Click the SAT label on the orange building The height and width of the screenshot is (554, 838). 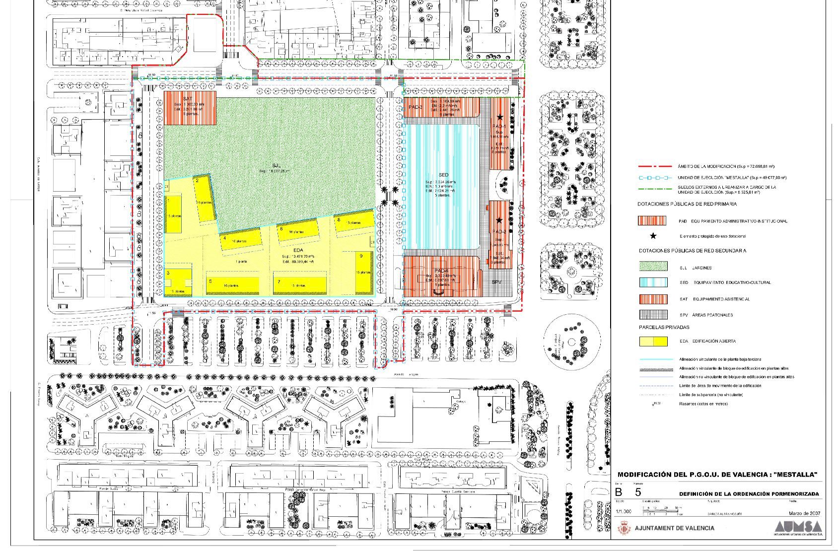tap(188, 99)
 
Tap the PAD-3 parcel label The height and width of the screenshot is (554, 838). tap(416, 107)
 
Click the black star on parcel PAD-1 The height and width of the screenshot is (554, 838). tap(500, 118)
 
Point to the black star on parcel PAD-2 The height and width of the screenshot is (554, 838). tap(499, 221)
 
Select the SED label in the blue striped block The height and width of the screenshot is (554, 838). tap(444, 175)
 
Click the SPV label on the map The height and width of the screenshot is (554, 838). tap(497, 281)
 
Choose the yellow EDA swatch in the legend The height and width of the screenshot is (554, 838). tap(652, 342)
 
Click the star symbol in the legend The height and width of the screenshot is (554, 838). tap(653, 236)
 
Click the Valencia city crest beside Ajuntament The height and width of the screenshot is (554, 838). tap(624, 528)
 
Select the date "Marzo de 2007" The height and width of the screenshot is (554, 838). tap(804, 513)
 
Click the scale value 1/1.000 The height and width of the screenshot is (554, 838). tap(624, 511)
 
